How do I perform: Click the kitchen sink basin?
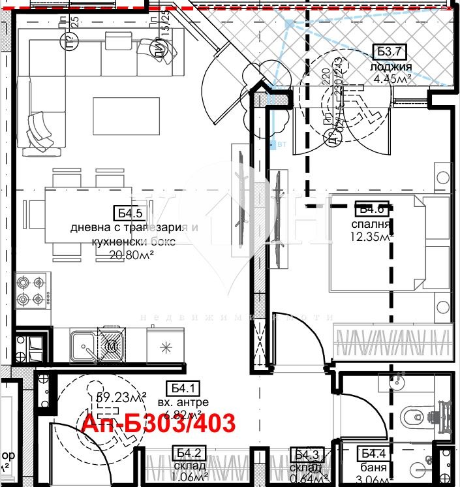point(83,344)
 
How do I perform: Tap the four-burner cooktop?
point(32,292)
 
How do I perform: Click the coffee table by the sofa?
point(127,114)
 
